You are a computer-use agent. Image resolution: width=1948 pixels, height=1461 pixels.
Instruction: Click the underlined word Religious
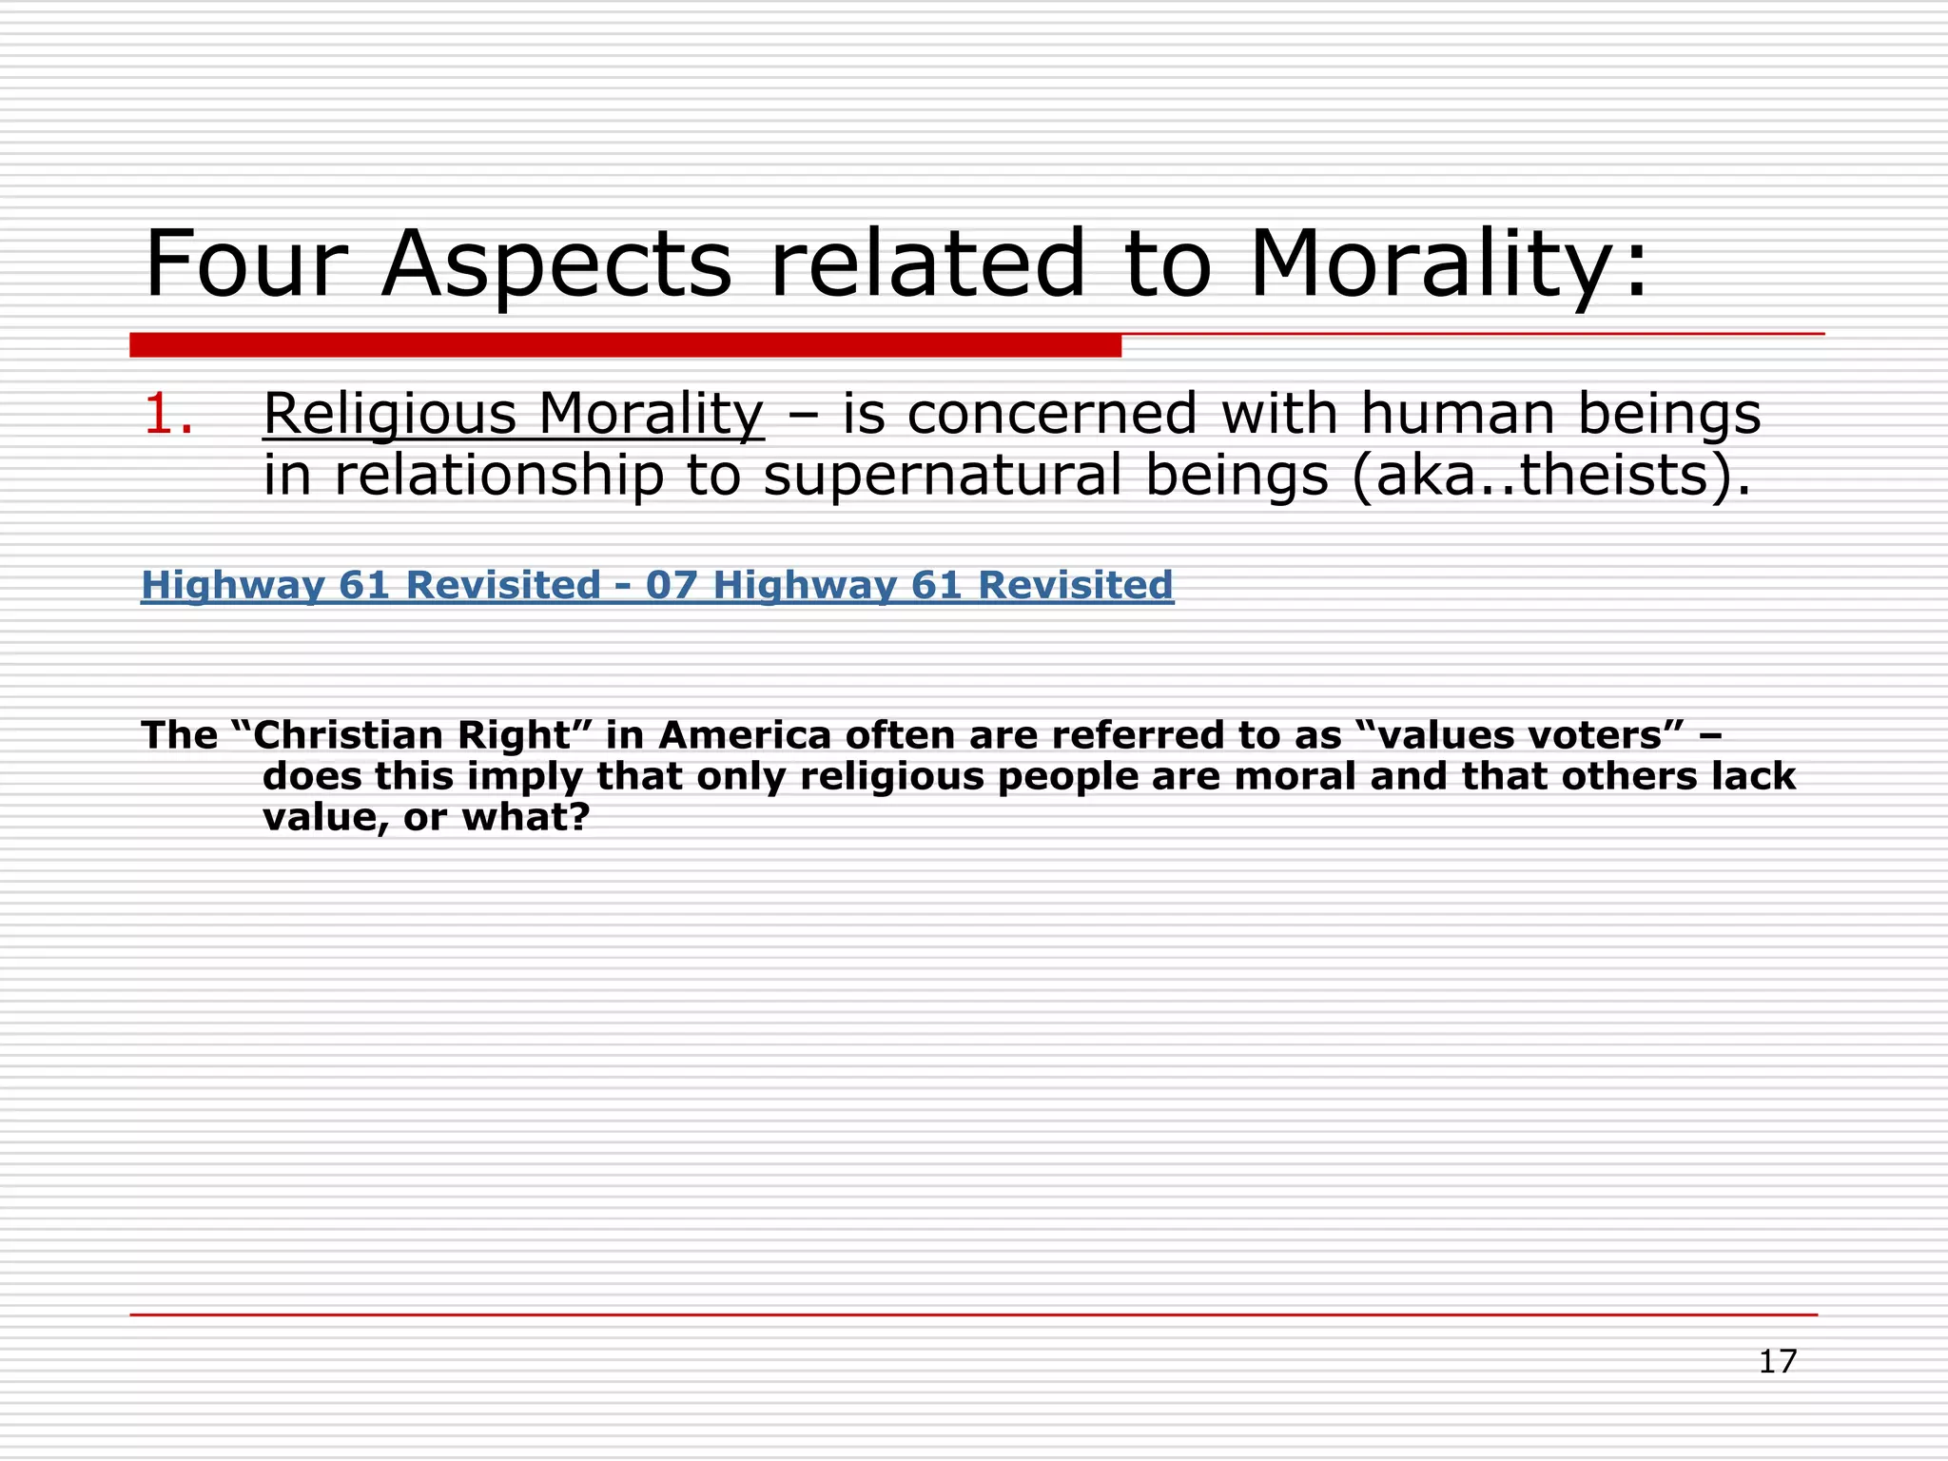(390, 416)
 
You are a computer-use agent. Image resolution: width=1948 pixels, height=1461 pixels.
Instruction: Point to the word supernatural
(943, 476)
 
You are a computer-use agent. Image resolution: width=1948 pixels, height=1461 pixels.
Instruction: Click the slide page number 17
(1777, 1361)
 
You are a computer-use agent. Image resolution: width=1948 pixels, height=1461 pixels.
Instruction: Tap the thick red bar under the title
(625, 345)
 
